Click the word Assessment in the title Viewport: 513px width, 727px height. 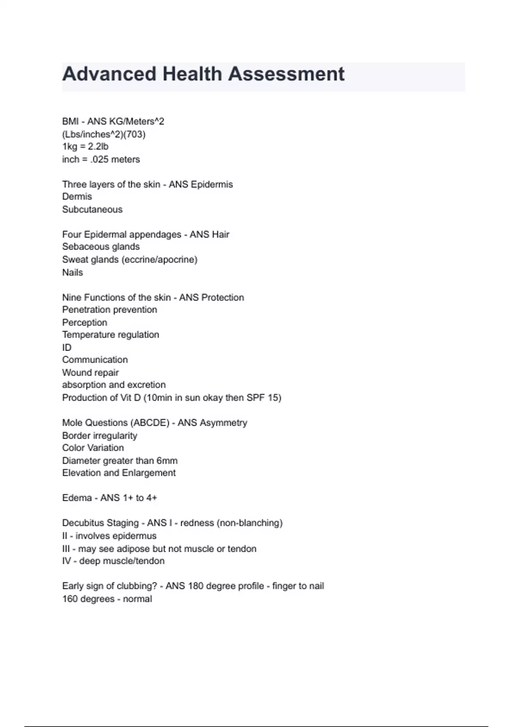(x=286, y=74)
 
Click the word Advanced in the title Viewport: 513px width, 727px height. (x=109, y=74)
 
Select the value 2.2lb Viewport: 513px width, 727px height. (x=98, y=147)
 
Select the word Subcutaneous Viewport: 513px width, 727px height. (x=92, y=210)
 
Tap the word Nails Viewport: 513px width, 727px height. (x=73, y=272)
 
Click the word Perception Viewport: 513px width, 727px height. (x=85, y=322)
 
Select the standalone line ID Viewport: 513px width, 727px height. (x=67, y=348)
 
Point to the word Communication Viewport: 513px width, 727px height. (x=95, y=360)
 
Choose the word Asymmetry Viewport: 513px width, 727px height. (x=223, y=423)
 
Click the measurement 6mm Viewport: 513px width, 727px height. (x=167, y=461)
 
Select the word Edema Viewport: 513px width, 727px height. (x=77, y=498)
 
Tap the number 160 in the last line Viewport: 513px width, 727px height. (x=70, y=599)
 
